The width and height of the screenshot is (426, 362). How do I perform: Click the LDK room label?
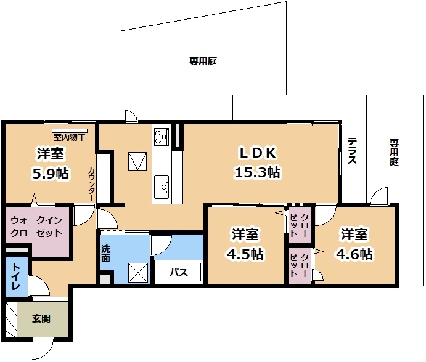pos(258,153)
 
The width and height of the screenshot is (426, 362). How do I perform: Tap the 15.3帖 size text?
pos(257,172)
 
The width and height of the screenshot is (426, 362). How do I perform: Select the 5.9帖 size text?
pos(51,173)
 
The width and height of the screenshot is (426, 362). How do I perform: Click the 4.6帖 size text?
pos(354,254)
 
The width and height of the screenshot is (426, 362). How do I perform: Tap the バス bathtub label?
pos(179,272)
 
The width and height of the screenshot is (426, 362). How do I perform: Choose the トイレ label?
pos(16,276)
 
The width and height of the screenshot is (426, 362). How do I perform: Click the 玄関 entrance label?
pos(41,318)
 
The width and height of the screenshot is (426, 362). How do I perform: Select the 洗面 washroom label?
pos(105,254)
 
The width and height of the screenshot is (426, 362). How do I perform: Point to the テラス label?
pos(352,151)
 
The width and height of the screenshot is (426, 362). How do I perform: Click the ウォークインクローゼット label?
pos(36,227)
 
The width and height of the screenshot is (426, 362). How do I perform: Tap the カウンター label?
pos(92,184)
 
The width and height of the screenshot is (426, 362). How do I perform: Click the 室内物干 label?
pos(70,137)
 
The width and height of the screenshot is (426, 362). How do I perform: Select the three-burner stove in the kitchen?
pos(162,137)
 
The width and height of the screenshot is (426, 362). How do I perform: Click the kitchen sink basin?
pos(162,187)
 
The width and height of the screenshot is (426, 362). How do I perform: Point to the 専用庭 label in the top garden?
pos(203,61)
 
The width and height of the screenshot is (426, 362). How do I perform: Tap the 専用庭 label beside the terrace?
pos(394,152)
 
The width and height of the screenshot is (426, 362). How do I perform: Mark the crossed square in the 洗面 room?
pos(138,273)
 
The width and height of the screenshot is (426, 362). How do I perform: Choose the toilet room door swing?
pos(39,286)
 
